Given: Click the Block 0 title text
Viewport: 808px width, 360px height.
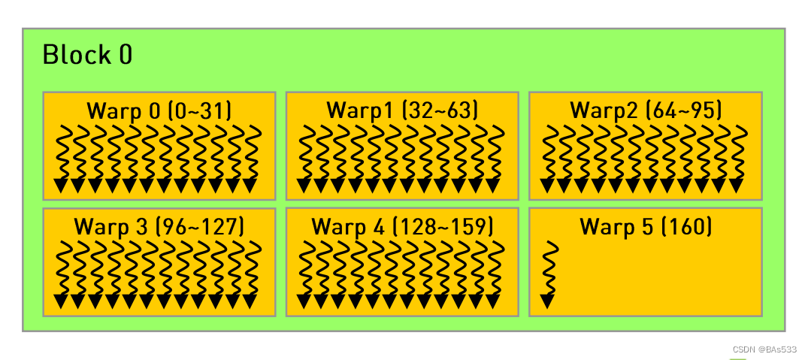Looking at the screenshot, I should (x=87, y=55).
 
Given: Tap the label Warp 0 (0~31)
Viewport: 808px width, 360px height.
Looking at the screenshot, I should (x=159, y=110).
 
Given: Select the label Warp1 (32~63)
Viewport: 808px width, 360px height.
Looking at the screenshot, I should (x=402, y=110).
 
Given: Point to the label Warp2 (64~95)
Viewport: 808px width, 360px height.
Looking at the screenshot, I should (x=646, y=110).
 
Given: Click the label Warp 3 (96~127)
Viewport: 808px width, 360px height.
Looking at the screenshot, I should (x=159, y=225).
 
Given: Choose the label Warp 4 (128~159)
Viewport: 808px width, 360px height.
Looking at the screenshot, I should (x=402, y=225).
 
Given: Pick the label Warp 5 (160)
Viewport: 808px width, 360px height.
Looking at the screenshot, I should (x=646, y=225).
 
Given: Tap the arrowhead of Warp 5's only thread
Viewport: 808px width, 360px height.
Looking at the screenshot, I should (x=548, y=302).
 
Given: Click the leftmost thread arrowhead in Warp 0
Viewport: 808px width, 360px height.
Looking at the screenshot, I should (x=61, y=186).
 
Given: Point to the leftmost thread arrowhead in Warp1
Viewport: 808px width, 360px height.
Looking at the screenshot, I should (x=304, y=186).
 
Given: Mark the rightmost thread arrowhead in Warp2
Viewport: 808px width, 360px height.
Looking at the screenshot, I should (x=736, y=186).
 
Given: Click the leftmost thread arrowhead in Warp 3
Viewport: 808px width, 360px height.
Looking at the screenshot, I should (x=61, y=302).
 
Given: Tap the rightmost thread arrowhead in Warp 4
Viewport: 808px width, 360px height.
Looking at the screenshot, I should (x=493, y=302).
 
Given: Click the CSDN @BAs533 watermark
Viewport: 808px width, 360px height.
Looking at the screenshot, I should (x=764, y=349).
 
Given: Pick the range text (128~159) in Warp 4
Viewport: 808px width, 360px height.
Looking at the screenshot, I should (x=443, y=225).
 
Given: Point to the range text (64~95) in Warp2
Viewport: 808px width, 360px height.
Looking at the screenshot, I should (x=685, y=110).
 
